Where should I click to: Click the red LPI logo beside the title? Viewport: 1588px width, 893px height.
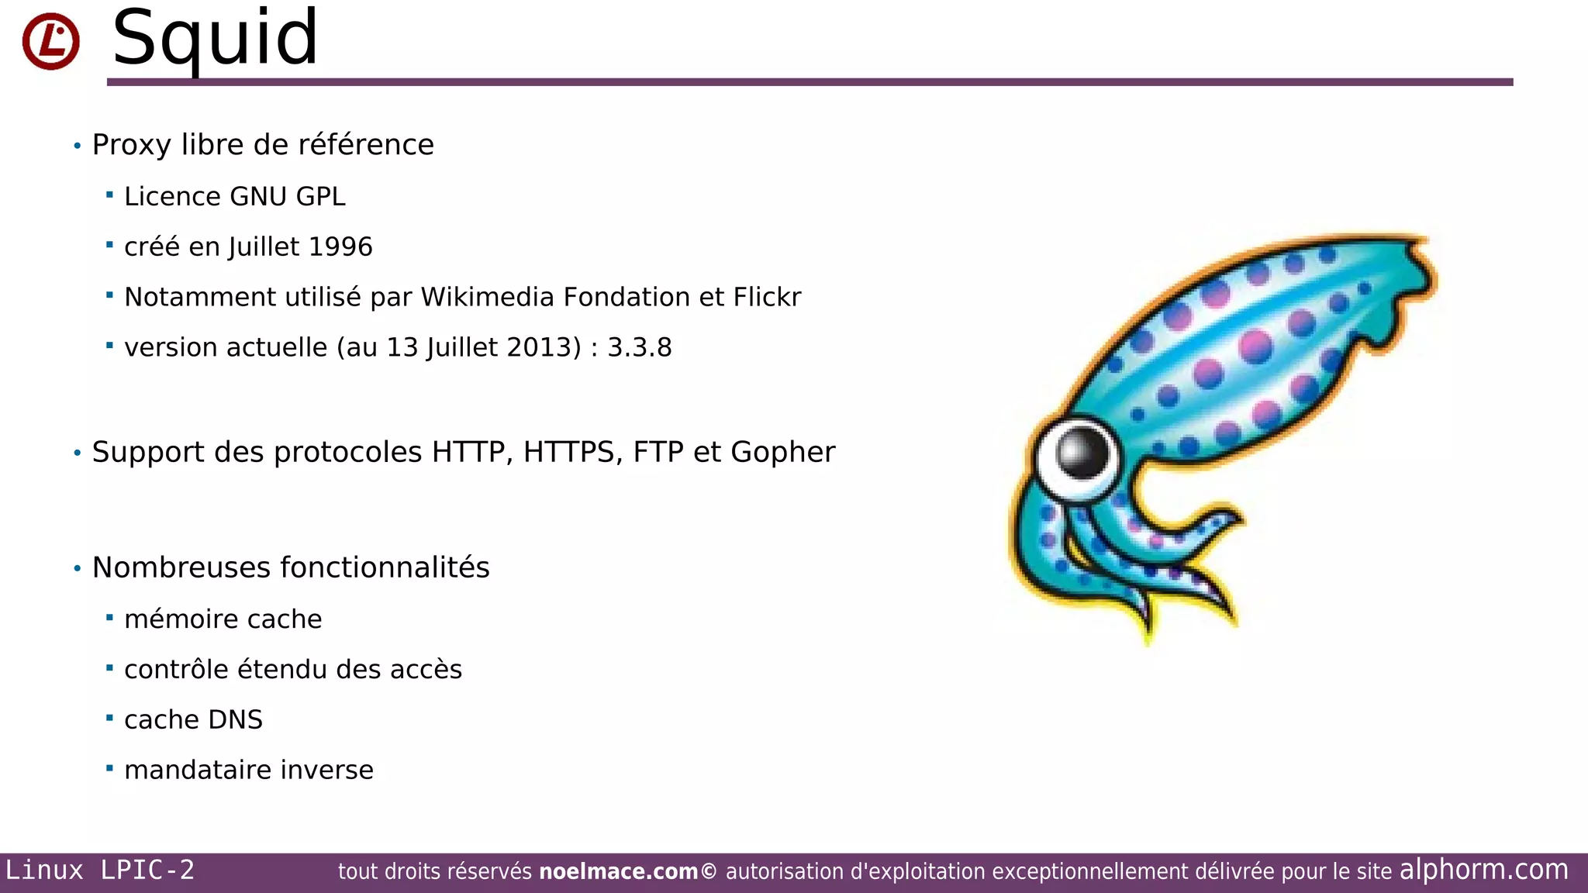click(x=50, y=41)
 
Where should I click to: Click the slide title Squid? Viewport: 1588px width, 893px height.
click(x=215, y=39)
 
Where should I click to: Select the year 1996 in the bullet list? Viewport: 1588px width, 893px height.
click(x=340, y=247)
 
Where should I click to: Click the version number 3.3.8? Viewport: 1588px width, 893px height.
click(x=639, y=348)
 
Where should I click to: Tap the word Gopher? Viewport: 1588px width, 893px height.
click(x=782, y=453)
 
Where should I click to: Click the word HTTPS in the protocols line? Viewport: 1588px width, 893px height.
click(x=572, y=453)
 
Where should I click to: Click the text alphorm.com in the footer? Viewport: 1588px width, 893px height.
click(x=1483, y=870)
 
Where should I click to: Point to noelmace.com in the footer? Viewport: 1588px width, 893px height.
click(x=618, y=872)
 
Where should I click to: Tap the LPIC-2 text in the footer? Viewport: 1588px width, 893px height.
click(x=147, y=871)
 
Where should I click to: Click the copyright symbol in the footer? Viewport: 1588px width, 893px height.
click(x=709, y=872)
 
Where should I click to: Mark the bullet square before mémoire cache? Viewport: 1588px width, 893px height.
click(x=109, y=618)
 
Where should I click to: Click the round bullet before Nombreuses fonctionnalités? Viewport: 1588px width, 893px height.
click(x=77, y=569)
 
